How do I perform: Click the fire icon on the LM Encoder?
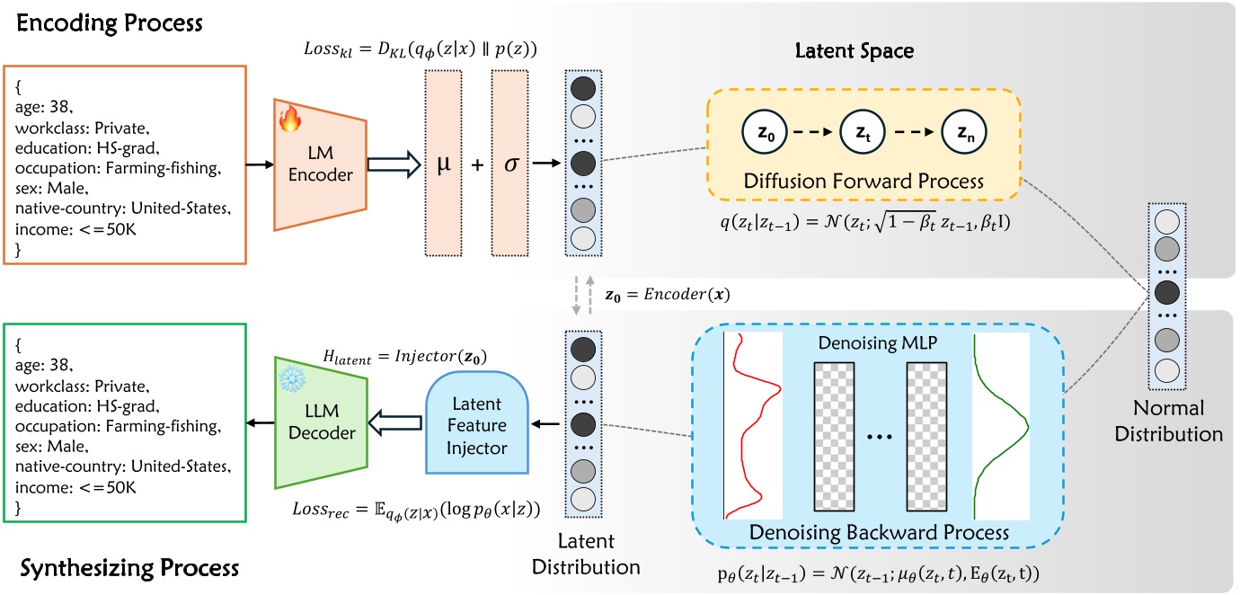point(290,118)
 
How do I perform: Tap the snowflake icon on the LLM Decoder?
point(292,378)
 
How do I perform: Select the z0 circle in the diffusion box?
point(765,132)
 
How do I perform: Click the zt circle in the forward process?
point(863,132)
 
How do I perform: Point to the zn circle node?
point(964,132)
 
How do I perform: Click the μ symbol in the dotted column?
point(443,164)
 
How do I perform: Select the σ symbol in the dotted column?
point(510,164)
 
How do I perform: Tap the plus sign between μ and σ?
point(477,164)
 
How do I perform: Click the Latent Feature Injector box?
point(476,422)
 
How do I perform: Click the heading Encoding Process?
point(110,22)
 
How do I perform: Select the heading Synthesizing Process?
point(129,568)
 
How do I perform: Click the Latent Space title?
point(855,51)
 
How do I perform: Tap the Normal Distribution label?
point(1168,421)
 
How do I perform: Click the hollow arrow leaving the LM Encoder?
point(394,164)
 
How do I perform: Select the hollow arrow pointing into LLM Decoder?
point(394,424)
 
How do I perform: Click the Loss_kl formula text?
point(421,49)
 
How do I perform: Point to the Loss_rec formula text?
point(416,511)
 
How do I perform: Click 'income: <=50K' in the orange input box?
point(75,229)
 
